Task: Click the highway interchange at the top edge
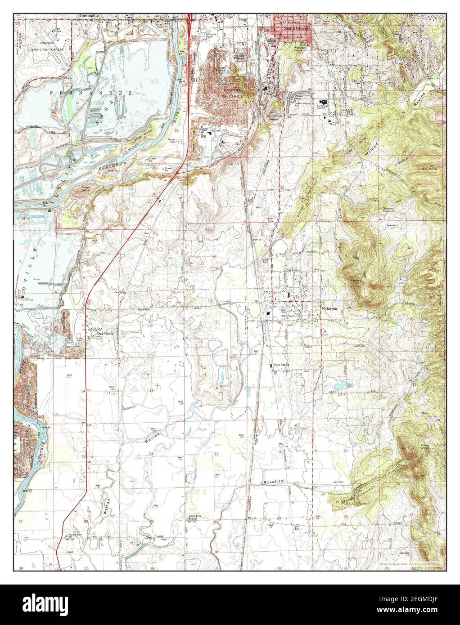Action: coord(190,18)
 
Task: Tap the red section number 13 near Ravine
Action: coord(152,391)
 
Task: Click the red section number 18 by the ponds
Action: coord(216,388)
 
